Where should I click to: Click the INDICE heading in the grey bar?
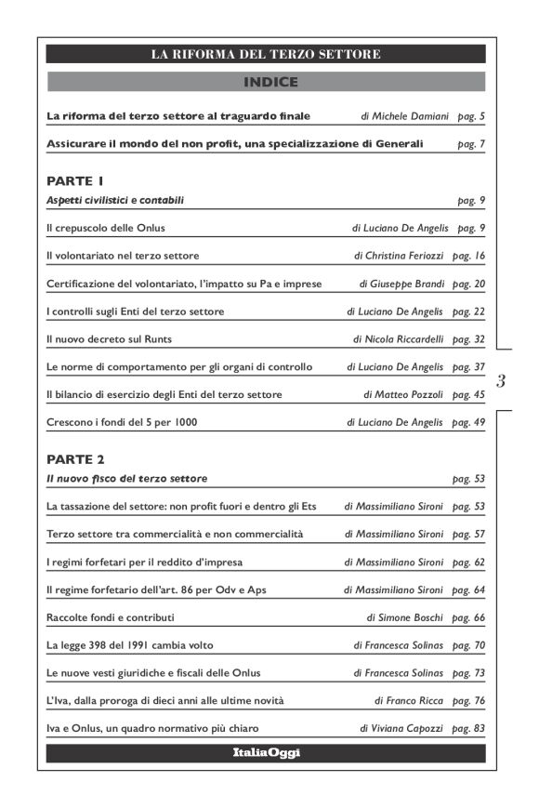point(270,82)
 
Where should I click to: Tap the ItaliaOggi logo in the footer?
point(266,752)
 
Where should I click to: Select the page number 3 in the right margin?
point(501,380)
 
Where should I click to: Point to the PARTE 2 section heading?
point(75,459)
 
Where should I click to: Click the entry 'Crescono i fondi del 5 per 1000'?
point(122,423)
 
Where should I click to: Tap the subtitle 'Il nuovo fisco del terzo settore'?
point(126,479)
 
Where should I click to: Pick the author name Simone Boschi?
point(413,616)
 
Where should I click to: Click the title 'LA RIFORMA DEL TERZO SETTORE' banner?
point(266,55)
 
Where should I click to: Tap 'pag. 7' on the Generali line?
point(472,144)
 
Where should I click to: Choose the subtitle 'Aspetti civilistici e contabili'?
point(115,200)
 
